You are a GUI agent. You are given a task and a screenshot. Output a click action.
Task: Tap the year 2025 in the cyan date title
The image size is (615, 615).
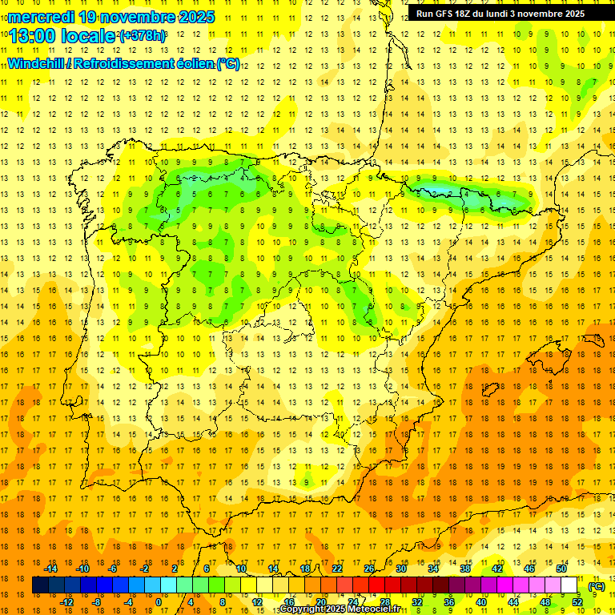pyautogui.click(x=192, y=17)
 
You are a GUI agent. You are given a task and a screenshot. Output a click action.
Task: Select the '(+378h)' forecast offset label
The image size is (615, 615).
pyautogui.click(x=142, y=36)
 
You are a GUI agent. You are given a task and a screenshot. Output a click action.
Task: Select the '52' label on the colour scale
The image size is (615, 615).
pyautogui.click(x=577, y=602)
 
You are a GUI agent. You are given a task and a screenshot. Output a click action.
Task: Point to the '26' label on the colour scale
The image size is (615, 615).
pyautogui.click(x=369, y=569)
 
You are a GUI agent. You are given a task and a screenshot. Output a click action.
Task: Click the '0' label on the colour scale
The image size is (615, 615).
pyautogui.click(x=158, y=602)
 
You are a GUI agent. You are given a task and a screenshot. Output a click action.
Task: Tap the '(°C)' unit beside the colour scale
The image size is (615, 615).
pyautogui.click(x=597, y=586)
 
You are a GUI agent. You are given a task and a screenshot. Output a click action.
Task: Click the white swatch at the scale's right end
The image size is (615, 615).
pyautogui.click(x=569, y=585)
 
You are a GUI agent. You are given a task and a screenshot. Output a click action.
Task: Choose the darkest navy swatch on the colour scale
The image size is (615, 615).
pyautogui.click(x=40, y=585)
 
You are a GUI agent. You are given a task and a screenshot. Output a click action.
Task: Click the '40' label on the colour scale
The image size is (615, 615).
pyautogui.click(x=480, y=602)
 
